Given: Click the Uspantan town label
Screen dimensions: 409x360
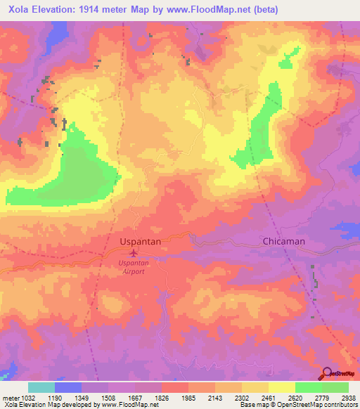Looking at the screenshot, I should coord(141,241).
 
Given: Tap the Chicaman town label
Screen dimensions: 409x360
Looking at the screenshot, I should coord(283,241).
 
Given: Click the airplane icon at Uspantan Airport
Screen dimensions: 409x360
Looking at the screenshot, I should coord(134,252).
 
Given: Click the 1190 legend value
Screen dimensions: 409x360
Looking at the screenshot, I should coord(67,398).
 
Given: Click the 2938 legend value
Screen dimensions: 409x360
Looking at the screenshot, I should coord(347,398).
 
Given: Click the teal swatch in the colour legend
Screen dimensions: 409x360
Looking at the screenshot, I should coord(41,387).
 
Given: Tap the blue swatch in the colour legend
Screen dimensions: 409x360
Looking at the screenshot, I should coord(68,387).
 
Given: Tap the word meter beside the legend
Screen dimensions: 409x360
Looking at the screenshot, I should coord(9,398).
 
